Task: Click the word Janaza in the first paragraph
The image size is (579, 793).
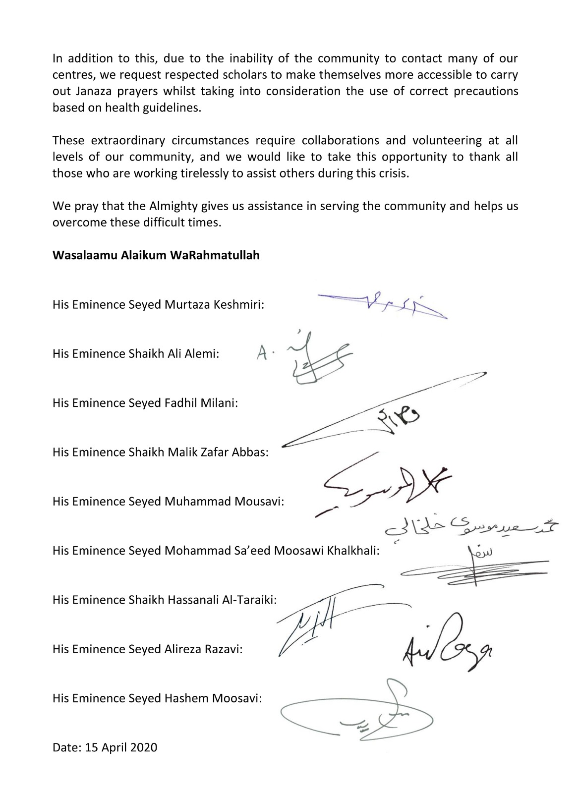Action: click(x=89, y=91)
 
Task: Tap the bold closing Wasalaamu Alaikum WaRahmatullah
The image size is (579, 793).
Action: click(x=156, y=256)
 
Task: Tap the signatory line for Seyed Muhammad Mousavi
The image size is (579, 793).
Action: click(x=168, y=501)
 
